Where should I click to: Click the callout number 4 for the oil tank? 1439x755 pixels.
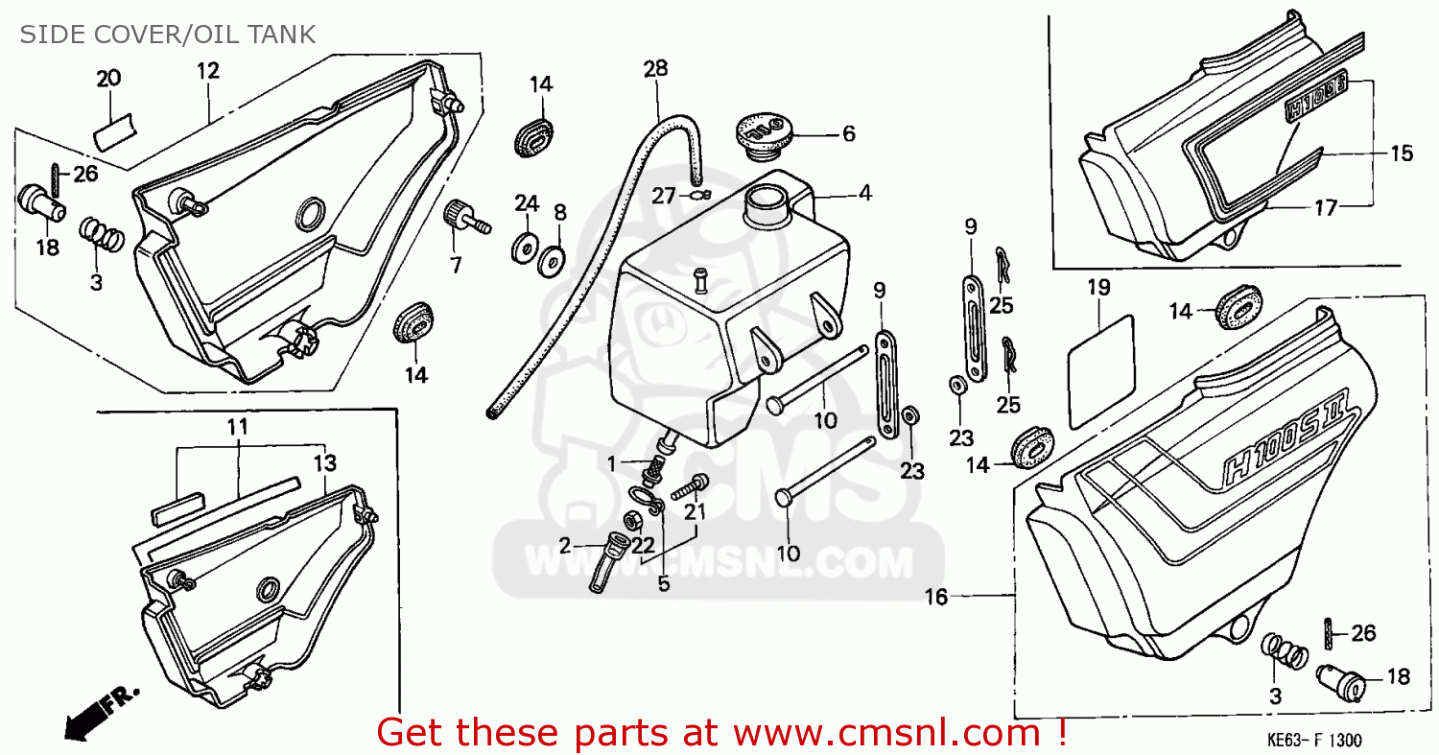coord(864,194)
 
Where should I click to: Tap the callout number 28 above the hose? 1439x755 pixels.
coord(656,68)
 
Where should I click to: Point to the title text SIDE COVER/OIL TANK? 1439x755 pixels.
coord(168,35)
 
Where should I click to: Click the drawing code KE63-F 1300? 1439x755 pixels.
coord(1311,741)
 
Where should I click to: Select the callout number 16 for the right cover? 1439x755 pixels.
coord(935,598)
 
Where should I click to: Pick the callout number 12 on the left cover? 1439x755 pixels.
coord(208,69)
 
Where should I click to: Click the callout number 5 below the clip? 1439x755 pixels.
coord(664,582)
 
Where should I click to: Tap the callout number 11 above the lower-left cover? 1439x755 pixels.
coord(238,426)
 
